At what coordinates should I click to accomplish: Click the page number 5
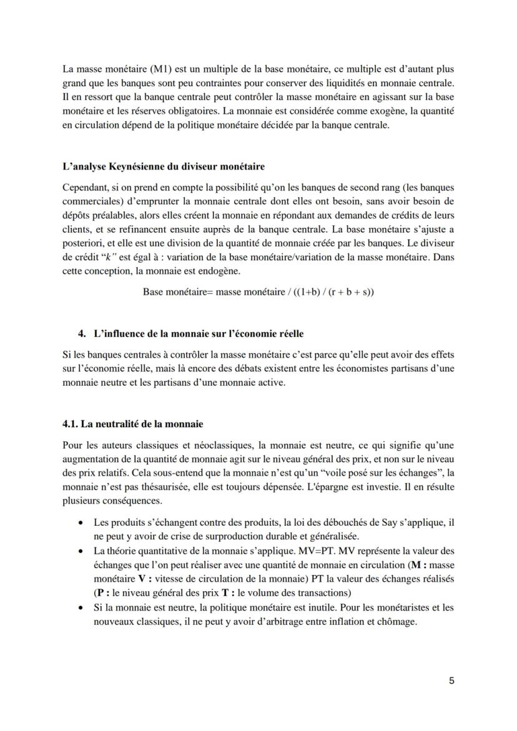tap(451, 681)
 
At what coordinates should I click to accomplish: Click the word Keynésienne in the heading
tap(127, 167)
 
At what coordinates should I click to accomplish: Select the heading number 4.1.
tap(72, 424)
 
